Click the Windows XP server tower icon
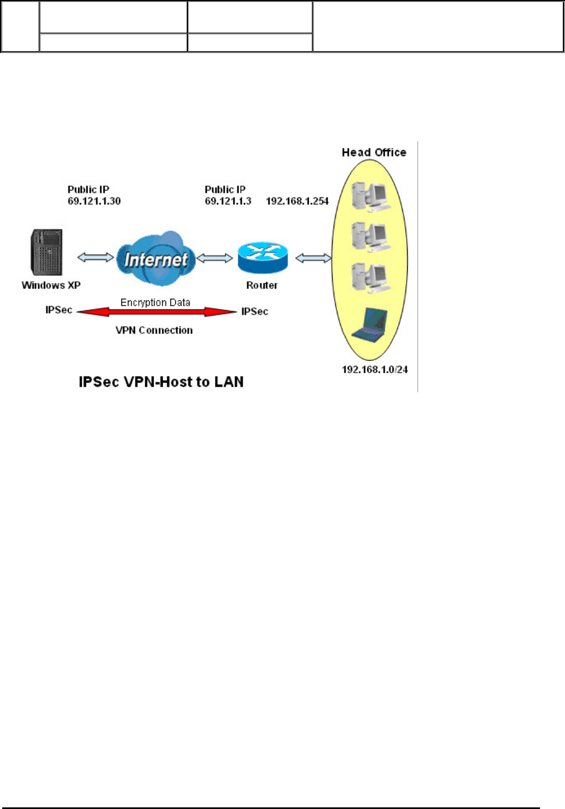pos(47,252)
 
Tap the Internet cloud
pos(156,259)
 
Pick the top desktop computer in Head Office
pos(370,196)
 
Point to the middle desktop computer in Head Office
pos(370,237)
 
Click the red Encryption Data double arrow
pos(157,312)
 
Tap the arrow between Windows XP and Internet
pos(96,257)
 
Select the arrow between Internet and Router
pos(214,258)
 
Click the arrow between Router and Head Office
pos(313,258)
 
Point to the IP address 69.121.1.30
pos(94,201)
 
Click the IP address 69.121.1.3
pos(228,201)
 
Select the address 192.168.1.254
pos(297,201)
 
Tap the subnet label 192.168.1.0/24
pos(374,369)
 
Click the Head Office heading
pos(374,152)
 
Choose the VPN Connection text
pos(154,330)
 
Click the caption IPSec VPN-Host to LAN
pos(161,382)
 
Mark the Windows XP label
pos(51,285)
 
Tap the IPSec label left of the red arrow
pos(59,310)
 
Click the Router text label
pos(262,285)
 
